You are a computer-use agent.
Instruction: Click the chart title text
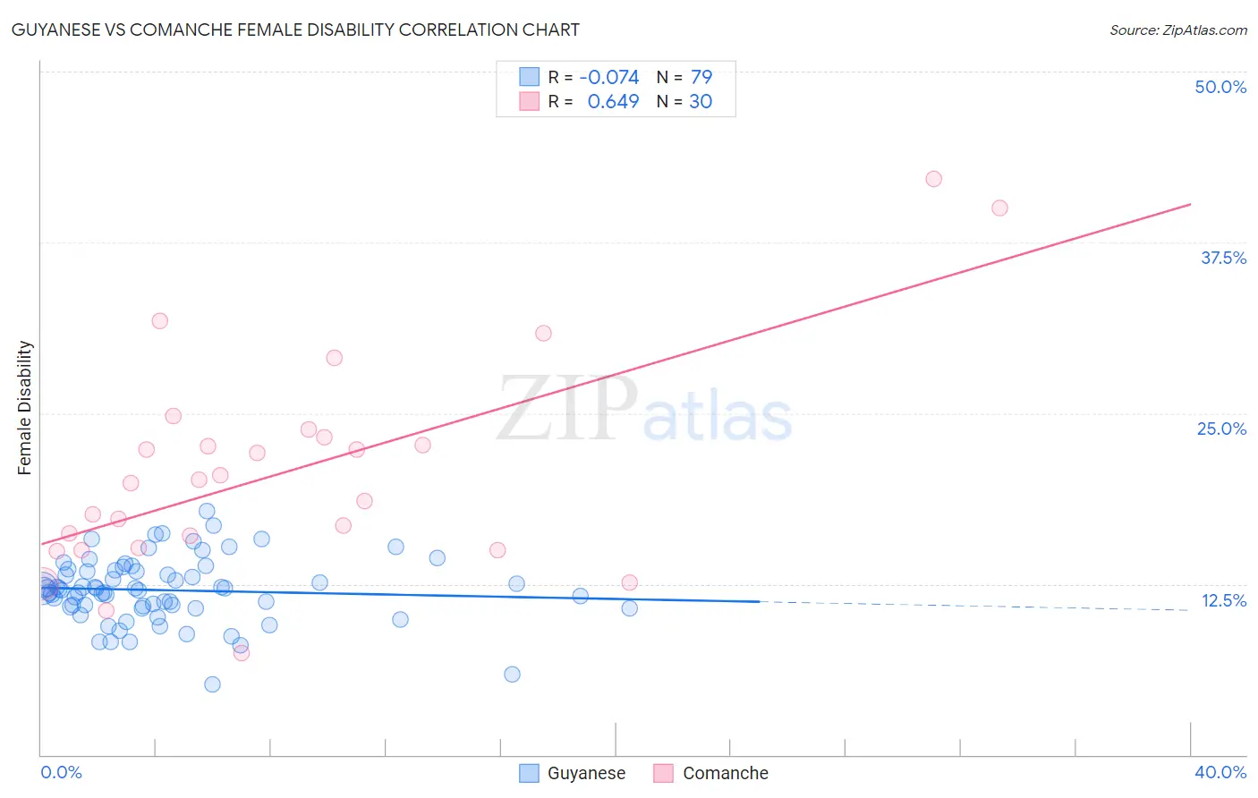pos(295,30)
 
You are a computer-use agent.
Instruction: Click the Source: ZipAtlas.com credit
pos(1177,30)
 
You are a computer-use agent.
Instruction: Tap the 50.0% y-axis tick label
pos(1220,87)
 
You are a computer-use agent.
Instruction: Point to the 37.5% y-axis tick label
pos(1223,258)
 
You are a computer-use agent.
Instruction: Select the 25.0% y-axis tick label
pos(1221,429)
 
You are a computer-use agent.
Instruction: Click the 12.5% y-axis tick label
pos(1223,600)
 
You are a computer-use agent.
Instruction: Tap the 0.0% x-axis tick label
pos(61,772)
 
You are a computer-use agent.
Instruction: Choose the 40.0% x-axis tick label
pos(1220,772)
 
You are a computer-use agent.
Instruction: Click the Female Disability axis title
pos(25,408)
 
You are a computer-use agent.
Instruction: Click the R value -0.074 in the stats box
pos(609,78)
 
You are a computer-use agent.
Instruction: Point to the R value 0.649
pos(613,102)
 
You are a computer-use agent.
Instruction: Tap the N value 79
pos(701,78)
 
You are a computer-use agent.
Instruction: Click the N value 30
pos(701,102)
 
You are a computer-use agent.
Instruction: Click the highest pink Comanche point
pos(933,179)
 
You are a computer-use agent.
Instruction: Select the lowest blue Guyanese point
pos(212,684)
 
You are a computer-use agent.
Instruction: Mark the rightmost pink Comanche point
pos(999,208)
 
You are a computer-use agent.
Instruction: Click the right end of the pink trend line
pos(1190,205)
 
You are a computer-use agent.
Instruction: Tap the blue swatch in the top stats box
pos(530,78)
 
